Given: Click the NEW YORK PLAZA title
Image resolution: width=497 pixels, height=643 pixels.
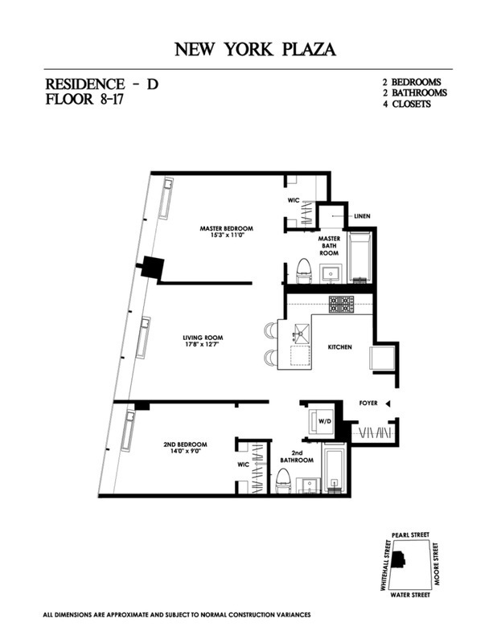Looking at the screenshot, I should point(255,50).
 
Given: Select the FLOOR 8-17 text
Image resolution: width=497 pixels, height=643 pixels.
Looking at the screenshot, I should point(87,101).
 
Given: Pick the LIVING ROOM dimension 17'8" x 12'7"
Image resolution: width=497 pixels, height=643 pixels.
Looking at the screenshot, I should point(202,345).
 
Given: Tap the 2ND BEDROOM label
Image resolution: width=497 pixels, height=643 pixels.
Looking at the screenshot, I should point(185,444).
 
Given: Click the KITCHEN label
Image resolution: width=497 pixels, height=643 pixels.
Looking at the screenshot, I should point(339,346).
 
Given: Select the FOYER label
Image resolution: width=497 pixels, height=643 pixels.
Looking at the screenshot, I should point(368,403).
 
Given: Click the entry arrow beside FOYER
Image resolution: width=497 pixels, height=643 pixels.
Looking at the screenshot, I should point(388,403).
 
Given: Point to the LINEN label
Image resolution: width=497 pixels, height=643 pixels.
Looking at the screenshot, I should point(361,216).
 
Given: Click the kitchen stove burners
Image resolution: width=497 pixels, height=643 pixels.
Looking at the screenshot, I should point(340,304).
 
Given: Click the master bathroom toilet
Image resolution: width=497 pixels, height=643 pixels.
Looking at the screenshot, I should point(304,271).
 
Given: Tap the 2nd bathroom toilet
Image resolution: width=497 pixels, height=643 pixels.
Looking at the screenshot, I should point(282,480).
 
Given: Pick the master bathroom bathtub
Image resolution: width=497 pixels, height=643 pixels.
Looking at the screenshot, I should point(359,256).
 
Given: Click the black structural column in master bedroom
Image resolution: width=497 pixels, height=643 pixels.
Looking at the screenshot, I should point(151,268).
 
